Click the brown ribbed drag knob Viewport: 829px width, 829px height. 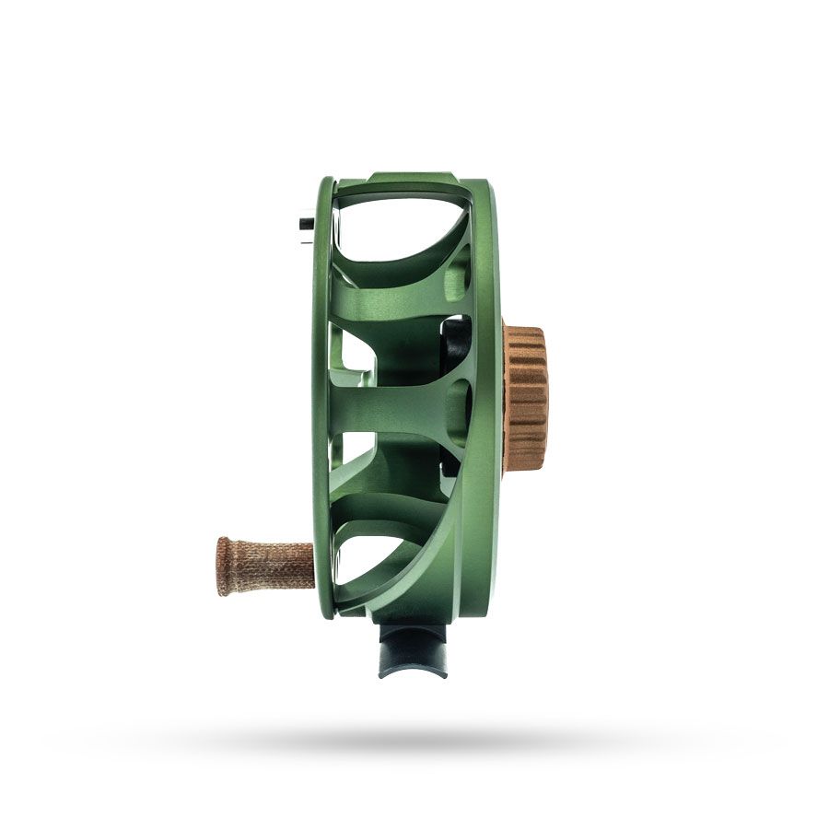[x=526, y=397]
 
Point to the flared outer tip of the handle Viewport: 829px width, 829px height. [x=223, y=565]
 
